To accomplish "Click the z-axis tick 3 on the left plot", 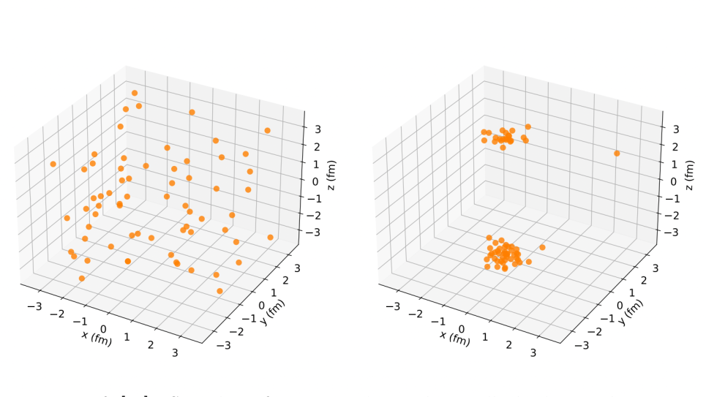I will pyautogui.click(x=316, y=129).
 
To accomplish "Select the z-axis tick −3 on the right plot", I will pyautogui.click(x=674, y=232).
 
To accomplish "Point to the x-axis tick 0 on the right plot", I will pyautogui.click(x=462, y=329).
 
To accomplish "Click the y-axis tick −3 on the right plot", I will pyautogui.click(x=583, y=346).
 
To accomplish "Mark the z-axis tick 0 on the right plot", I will pyautogui.click(x=674, y=181).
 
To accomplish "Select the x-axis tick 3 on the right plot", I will pyautogui.click(x=533, y=353).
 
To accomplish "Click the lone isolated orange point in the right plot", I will pyautogui.click(x=617, y=154).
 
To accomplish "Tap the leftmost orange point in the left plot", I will pyautogui.click(x=53, y=165).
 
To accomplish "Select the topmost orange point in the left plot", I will pyautogui.click(x=135, y=93).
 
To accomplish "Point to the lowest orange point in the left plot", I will pyautogui.click(x=219, y=291).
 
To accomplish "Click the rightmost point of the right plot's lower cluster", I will pyautogui.click(x=542, y=247).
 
